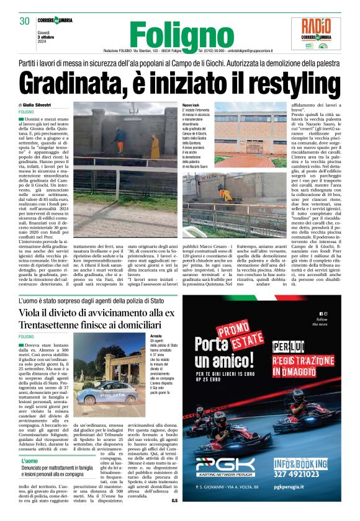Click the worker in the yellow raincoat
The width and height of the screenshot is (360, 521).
[155, 147]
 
